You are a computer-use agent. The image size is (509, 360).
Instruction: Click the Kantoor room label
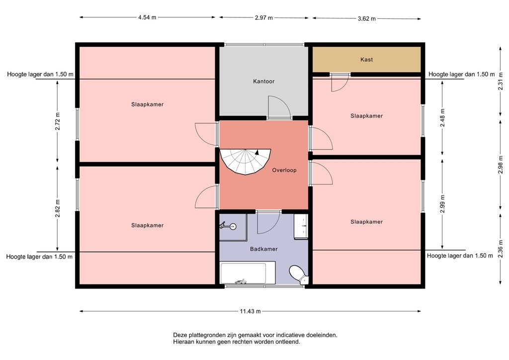[263, 81]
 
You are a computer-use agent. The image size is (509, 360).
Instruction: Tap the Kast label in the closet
[366, 60]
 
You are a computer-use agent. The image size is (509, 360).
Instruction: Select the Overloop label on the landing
[284, 170]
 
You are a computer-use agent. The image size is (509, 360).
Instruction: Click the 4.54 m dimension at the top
[147, 17]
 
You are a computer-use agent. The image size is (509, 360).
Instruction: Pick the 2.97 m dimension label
[263, 18]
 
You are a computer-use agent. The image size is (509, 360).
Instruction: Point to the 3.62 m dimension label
[366, 18]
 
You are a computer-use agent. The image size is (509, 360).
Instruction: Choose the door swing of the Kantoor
[276, 107]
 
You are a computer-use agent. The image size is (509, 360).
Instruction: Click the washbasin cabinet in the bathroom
[301, 227]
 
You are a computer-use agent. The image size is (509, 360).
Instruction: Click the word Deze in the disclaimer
[180, 335]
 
